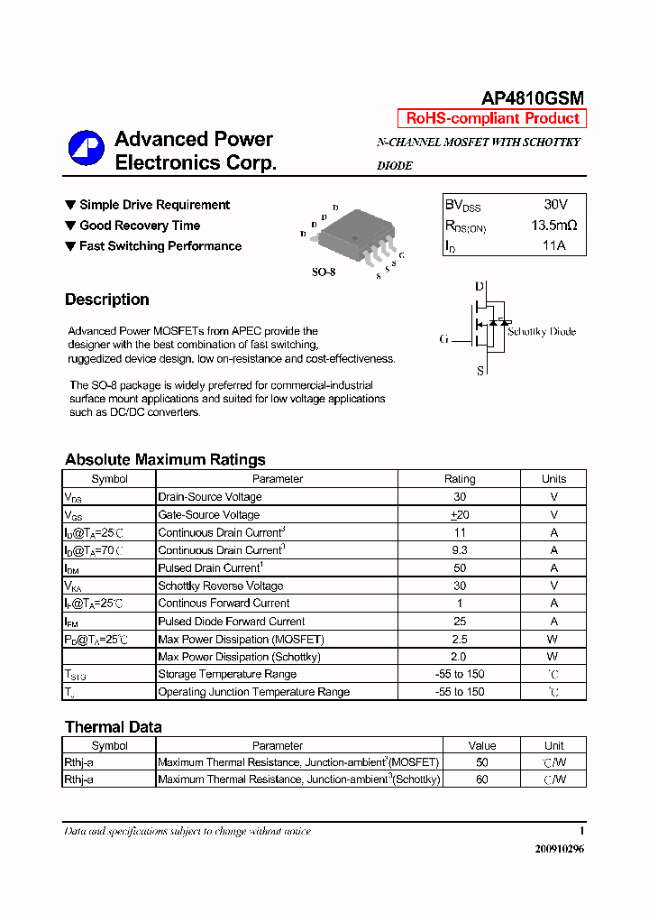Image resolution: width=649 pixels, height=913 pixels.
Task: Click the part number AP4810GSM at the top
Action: point(533,98)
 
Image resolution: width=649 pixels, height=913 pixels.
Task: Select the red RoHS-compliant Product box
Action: point(492,118)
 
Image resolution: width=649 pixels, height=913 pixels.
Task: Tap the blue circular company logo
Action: point(87,149)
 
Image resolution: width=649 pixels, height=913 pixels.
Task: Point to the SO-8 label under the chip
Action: point(324,272)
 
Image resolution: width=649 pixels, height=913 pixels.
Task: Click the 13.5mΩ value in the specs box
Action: point(553,226)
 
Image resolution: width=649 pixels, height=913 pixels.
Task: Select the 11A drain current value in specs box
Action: point(553,245)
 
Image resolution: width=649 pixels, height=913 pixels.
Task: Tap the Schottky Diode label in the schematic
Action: point(541,331)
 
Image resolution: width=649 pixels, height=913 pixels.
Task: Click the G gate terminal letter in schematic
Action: point(444,339)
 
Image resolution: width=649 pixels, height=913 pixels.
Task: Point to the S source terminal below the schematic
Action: point(480,370)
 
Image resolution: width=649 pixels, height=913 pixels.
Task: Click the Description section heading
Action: point(107,300)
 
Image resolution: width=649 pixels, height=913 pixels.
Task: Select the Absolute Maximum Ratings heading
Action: point(165,459)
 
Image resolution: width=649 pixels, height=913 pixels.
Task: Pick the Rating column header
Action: point(460,479)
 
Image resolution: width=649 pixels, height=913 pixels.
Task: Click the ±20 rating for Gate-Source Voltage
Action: point(460,514)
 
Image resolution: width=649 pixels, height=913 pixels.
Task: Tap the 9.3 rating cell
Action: point(460,549)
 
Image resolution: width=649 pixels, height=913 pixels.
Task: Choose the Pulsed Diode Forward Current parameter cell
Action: point(232,621)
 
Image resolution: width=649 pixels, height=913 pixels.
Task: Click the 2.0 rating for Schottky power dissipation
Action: point(460,657)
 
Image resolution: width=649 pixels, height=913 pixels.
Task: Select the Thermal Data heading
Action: point(114,726)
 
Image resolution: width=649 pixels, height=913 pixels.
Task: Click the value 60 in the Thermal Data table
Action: point(482,779)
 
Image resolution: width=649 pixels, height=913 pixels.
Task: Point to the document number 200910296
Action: point(559,849)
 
